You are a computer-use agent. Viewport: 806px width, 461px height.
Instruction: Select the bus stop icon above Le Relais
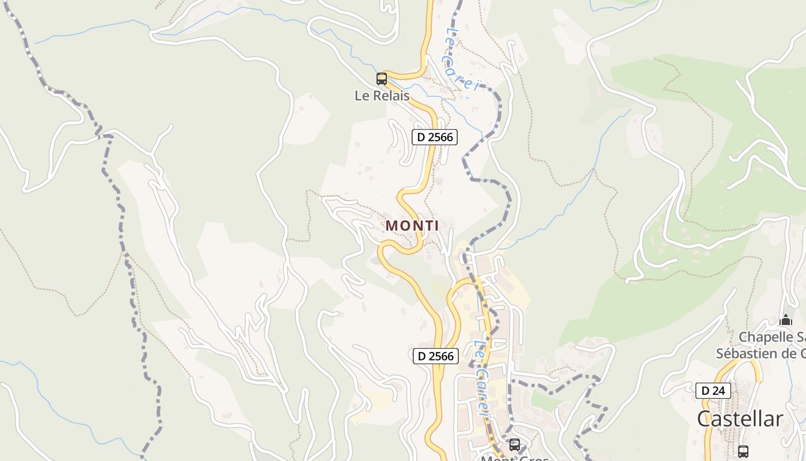381,79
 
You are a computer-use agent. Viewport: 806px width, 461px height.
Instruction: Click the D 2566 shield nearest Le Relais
435,137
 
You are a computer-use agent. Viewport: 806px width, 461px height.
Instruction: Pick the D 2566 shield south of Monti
436,356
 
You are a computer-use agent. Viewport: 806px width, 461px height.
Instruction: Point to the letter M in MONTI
391,226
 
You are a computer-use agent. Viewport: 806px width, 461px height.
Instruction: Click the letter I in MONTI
436,226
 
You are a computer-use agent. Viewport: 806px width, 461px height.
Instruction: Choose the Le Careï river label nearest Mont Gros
482,377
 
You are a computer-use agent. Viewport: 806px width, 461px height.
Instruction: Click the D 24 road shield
713,391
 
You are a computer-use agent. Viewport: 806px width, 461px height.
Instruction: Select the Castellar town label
740,419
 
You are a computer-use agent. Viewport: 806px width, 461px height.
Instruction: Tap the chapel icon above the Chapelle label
786,320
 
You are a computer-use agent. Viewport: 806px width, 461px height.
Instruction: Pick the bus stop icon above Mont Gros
515,444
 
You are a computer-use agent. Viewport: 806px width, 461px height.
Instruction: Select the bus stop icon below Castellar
743,451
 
